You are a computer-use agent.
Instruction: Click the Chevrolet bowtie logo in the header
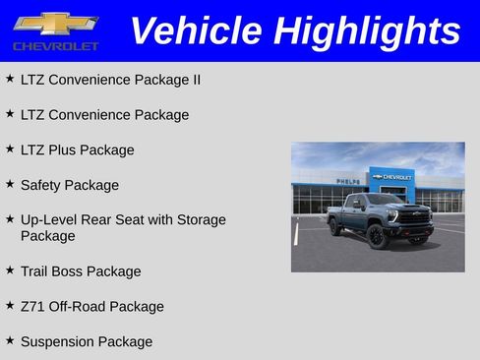pyautogui.click(x=55, y=24)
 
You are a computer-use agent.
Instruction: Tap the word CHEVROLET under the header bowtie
pyautogui.click(x=56, y=46)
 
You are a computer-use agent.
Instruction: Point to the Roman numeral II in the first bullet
pyautogui.click(x=195, y=80)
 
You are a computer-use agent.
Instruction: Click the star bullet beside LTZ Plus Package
pyautogui.click(x=10, y=149)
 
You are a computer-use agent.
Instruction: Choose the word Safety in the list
pyautogui.click(x=42, y=185)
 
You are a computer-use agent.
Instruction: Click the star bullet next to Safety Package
pyautogui.click(x=10, y=184)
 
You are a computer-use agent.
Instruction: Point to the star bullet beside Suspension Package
pyautogui.click(x=10, y=340)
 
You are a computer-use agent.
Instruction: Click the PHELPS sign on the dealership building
pyautogui.click(x=347, y=181)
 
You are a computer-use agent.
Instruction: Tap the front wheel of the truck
pyautogui.click(x=377, y=237)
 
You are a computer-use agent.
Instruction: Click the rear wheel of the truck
pyautogui.click(x=335, y=227)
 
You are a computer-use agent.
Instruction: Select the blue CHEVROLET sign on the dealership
pyautogui.click(x=393, y=177)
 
